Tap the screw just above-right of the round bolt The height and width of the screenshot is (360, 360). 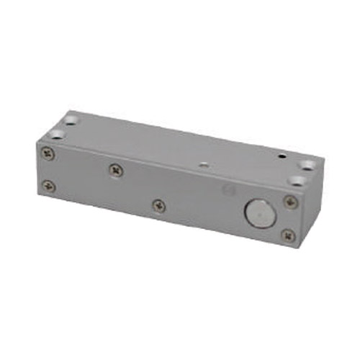(x=290, y=202)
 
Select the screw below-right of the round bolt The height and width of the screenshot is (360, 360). (x=287, y=235)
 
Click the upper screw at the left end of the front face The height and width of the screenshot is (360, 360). (x=48, y=153)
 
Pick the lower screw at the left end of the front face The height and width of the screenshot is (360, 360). (x=48, y=185)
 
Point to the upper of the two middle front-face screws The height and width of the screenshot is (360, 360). (x=117, y=170)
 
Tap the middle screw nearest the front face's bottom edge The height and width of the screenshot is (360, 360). (x=158, y=205)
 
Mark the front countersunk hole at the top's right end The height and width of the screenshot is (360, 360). (x=297, y=181)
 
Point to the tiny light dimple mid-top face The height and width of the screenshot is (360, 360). (x=203, y=165)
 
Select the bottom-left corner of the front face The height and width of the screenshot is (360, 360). (x=37, y=193)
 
